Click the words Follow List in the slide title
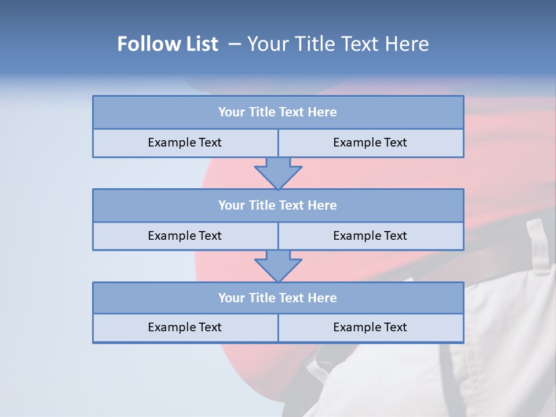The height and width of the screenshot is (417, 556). tap(168, 44)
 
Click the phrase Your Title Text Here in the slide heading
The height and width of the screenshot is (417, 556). tap(338, 44)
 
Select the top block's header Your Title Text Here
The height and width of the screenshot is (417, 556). tap(277, 112)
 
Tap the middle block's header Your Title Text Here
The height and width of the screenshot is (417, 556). tap(277, 205)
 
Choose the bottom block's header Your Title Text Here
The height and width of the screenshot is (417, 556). tap(277, 298)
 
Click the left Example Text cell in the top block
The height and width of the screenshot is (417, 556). tap(185, 142)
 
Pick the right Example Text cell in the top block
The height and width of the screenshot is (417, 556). tap(370, 142)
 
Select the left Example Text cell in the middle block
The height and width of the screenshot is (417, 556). tap(185, 236)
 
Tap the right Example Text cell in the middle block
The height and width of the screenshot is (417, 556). tap(370, 236)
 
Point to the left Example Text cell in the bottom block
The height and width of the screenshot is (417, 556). tap(185, 327)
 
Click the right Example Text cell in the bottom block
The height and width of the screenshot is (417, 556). tap(370, 327)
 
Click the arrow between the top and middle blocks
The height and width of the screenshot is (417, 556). tap(278, 173)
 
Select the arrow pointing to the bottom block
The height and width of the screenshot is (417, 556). tap(278, 266)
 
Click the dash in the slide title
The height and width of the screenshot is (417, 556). tap(235, 44)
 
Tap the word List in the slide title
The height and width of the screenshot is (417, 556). tap(200, 44)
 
